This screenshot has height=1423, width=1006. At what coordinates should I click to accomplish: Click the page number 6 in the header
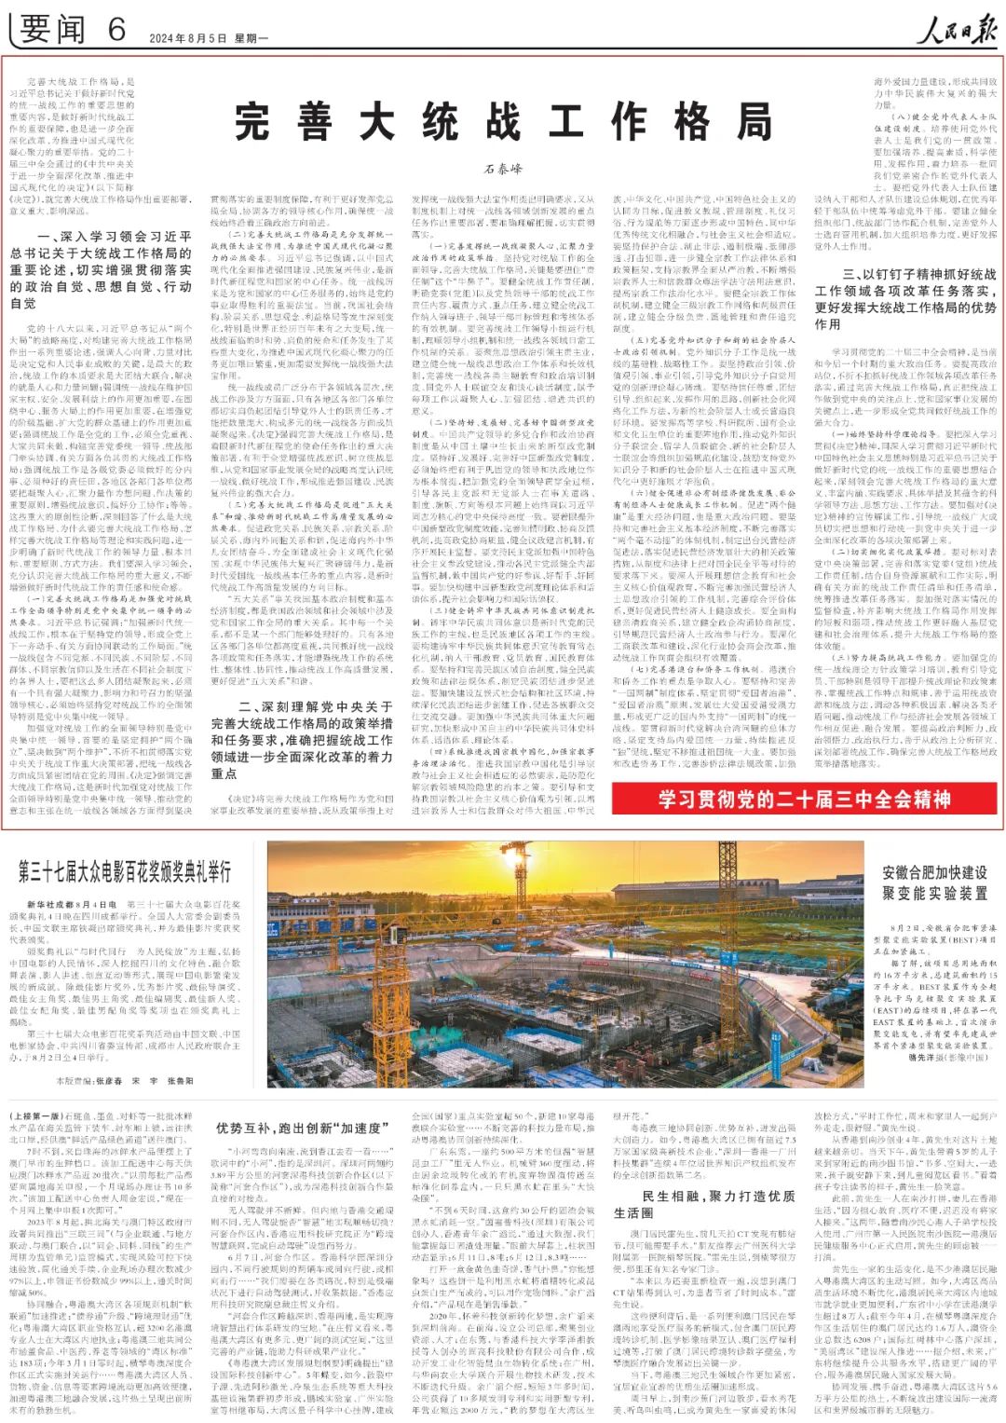116,30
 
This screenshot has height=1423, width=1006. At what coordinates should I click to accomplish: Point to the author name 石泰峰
503,170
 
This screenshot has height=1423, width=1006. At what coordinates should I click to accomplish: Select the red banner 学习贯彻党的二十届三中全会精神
805,800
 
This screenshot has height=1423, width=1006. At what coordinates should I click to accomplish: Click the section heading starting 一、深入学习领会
102,270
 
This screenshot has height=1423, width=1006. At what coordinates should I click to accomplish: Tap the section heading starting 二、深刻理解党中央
302,740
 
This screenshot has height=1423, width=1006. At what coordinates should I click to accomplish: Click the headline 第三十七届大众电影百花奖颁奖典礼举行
125,871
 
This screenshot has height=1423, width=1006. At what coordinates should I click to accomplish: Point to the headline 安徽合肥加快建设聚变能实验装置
934,883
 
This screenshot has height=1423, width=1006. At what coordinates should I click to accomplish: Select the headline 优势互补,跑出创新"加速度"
298,1128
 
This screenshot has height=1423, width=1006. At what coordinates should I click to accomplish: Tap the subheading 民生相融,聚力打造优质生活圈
704,1204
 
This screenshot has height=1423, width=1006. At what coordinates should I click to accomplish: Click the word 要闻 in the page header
53,30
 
